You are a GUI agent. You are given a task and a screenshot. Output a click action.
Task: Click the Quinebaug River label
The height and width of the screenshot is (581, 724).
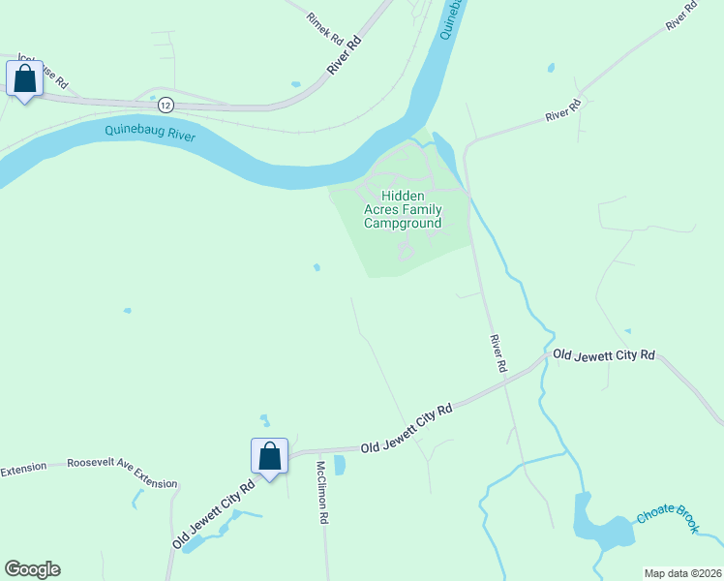[x=150, y=134]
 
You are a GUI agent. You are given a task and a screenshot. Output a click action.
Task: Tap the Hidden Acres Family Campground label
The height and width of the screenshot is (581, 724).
[x=403, y=209]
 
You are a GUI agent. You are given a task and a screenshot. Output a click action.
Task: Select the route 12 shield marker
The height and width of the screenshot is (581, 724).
[x=166, y=104]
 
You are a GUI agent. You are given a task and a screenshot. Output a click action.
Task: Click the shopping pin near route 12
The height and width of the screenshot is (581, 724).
[x=25, y=79]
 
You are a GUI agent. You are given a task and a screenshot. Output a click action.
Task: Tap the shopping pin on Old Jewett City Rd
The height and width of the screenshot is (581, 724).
[x=269, y=456]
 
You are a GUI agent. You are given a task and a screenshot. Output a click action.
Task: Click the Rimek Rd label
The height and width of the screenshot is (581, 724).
[x=324, y=31]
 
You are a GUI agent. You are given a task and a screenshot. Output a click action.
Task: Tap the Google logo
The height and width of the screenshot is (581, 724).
[x=32, y=569]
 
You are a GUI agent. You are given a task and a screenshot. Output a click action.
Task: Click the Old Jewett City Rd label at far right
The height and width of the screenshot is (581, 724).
[x=604, y=355]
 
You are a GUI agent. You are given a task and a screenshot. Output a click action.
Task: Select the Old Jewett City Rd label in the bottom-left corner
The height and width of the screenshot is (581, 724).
[x=215, y=514]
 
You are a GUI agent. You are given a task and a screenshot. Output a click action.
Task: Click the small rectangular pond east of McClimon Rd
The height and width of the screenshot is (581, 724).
[x=340, y=465]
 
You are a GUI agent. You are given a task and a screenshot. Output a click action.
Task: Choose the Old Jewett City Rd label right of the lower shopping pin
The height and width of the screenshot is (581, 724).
[x=407, y=429]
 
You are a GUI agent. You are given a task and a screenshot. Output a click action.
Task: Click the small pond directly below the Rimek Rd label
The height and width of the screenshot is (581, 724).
[x=296, y=84]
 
